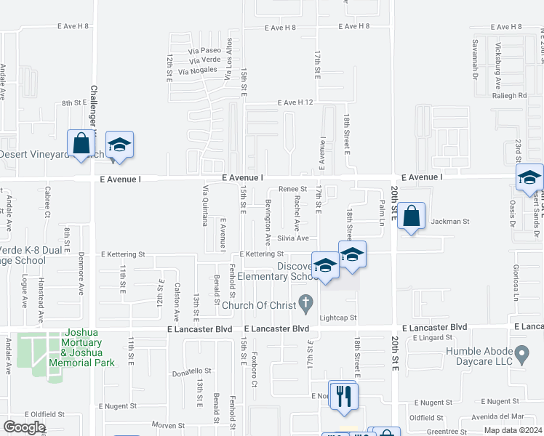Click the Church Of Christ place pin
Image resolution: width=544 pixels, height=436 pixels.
(307, 301)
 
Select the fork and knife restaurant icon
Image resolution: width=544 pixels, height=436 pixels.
(343, 395)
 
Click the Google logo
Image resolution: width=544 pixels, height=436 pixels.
(24, 427)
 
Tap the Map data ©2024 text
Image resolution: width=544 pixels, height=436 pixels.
(512, 430)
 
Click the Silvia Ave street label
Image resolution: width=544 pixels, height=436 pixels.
(292, 238)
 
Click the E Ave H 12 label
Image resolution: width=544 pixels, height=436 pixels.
(295, 102)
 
